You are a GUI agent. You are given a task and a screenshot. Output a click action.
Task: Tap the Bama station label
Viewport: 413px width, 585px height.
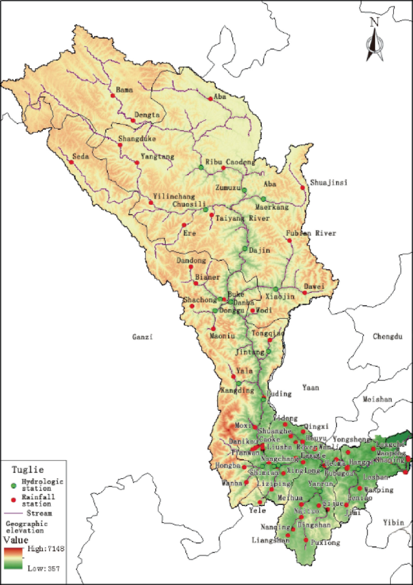pyautogui.click(x=124, y=89)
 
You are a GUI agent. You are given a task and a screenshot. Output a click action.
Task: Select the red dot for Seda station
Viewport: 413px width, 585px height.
pyautogui.click(x=71, y=162)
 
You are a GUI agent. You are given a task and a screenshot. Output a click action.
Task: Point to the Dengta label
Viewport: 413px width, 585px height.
pyautogui.click(x=147, y=114)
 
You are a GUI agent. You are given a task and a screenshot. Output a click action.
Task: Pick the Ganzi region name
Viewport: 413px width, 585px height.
pyautogui.click(x=143, y=337)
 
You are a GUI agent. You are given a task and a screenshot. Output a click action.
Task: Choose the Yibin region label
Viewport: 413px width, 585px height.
pyautogui.click(x=395, y=523)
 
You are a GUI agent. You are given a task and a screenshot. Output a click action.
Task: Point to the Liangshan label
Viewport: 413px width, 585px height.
pyautogui.click(x=270, y=540)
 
